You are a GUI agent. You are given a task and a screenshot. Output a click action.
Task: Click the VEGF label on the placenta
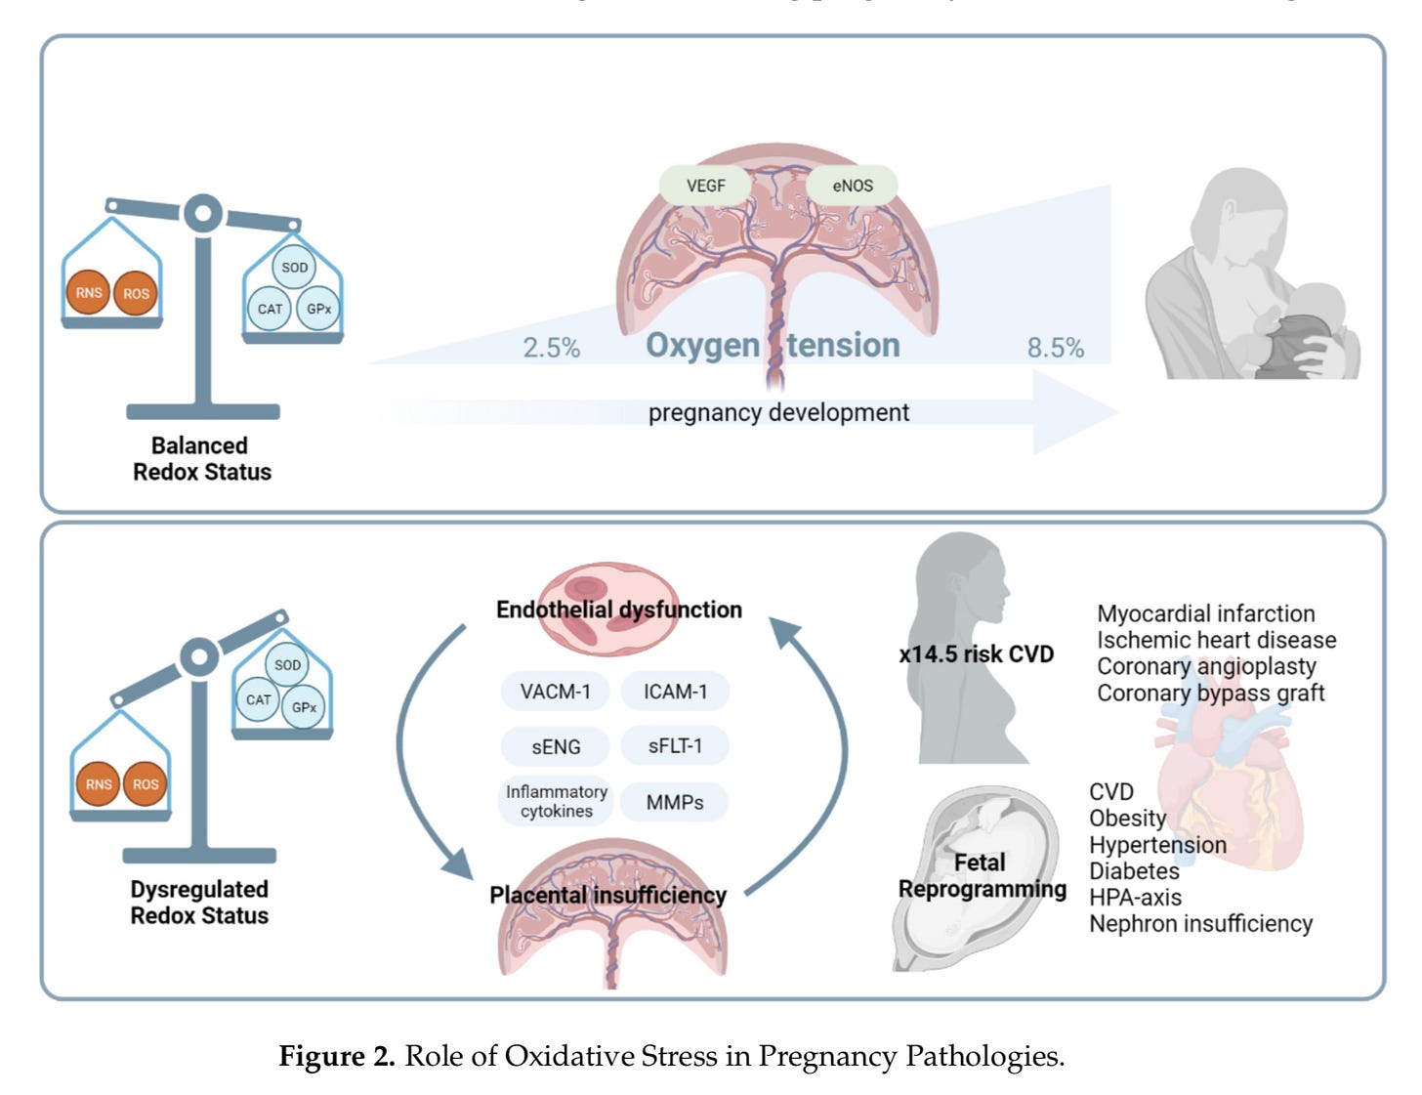pyautogui.click(x=705, y=186)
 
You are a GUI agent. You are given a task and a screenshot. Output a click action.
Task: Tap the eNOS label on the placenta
pyautogui.click(x=852, y=186)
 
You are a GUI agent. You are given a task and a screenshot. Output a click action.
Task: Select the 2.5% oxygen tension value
pyautogui.click(x=551, y=348)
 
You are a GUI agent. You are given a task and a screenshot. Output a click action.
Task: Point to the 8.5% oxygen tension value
pyautogui.click(x=1055, y=348)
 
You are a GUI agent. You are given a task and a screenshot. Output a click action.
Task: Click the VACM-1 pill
pyautogui.click(x=555, y=692)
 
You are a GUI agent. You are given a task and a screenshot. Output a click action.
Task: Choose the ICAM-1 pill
pyautogui.click(x=675, y=692)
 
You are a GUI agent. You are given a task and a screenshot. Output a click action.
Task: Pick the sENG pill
pyautogui.click(x=555, y=747)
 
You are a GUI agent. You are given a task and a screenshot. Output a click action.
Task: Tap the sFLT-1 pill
pyautogui.click(x=675, y=746)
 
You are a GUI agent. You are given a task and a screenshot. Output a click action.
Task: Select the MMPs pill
pyautogui.click(x=675, y=803)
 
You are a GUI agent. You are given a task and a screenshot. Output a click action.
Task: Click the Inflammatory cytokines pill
pyautogui.click(x=556, y=801)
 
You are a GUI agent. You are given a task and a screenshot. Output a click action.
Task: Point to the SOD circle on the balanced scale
pyautogui.click(x=294, y=268)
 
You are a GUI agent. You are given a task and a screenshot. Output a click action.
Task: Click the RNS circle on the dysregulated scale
pyautogui.click(x=99, y=784)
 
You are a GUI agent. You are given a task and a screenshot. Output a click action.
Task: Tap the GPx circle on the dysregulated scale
pyautogui.click(x=304, y=707)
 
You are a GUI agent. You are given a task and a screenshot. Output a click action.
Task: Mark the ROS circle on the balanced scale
pyautogui.click(x=136, y=293)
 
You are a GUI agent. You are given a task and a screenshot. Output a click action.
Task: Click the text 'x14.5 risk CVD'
pyautogui.click(x=976, y=654)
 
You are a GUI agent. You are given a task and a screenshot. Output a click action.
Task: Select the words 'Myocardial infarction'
pyautogui.click(x=1205, y=613)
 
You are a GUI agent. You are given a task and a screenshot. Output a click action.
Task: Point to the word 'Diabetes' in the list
pyautogui.click(x=1134, y=871)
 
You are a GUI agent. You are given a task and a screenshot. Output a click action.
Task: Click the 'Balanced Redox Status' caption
pyautogui.click(x=201, y=459)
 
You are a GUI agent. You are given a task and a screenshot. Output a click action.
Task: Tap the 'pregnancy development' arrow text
pyautogui.click(x=778, y=412)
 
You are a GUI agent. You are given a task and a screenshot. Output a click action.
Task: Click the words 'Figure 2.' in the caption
pyautogui.click(x=336, y=1057)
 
